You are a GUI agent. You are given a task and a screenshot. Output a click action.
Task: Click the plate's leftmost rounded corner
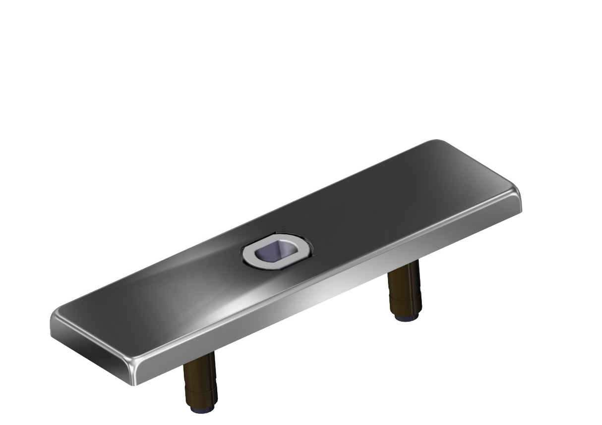click(54, 317)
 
